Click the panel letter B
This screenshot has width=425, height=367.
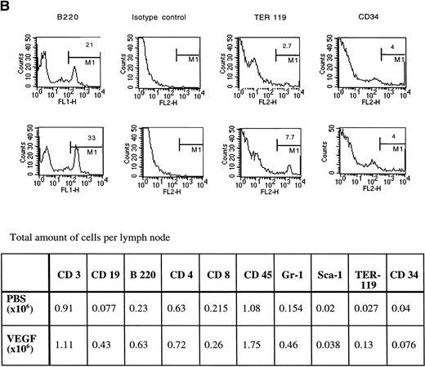pos(6,6)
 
